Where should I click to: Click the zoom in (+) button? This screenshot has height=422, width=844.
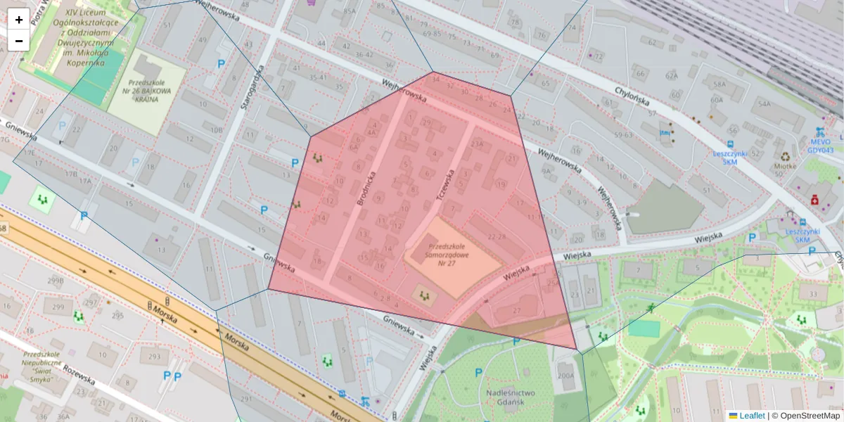click(x=19, y=19)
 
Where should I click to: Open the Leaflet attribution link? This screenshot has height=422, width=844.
click(x=752, y=416)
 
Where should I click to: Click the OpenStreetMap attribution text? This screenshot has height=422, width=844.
click(x=806, y=416)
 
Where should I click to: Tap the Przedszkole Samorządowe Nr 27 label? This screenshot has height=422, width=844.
click(x=452, y=255)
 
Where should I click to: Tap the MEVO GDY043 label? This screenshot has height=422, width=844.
click(x=820, y=145)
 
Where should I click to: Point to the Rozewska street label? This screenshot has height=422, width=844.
click(x=78, y=373)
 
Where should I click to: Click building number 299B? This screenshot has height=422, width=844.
click(x=55, y=281)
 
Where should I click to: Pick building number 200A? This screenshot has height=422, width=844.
click(x=565, y=376)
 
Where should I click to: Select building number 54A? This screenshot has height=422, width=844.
click(x=761, y=104)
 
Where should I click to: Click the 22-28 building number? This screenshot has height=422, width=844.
click(x=497, y=236)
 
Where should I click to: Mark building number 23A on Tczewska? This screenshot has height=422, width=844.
click(x=478, y=146)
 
